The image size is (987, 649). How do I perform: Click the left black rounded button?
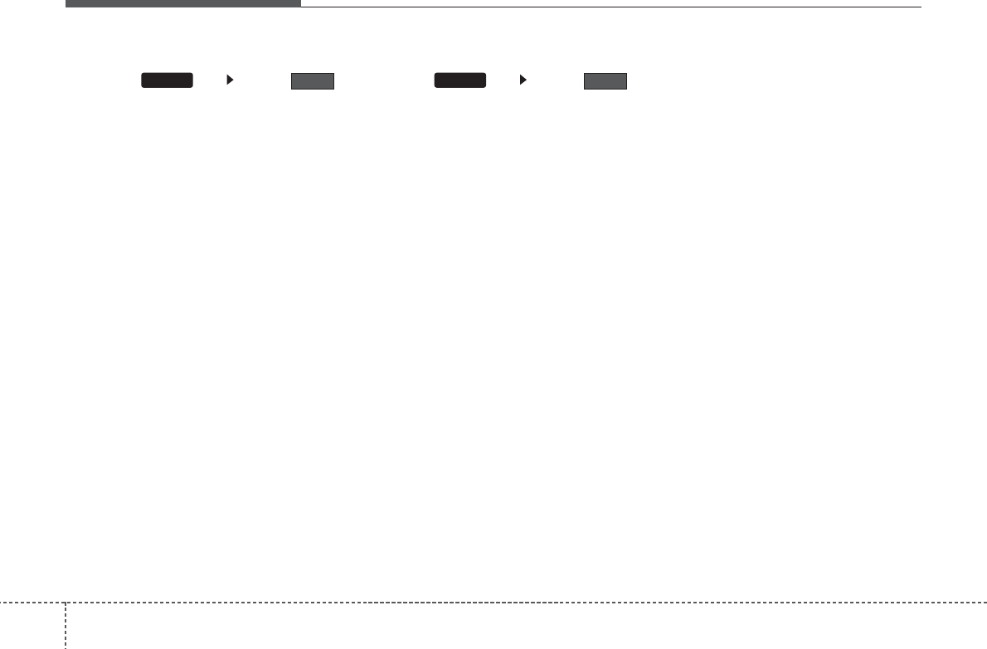pyautogui.click(x=167, y=80)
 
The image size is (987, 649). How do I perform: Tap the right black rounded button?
pyautogui.click(x=460, y=80)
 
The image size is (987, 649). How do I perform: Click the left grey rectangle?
pyautogui.click(x=312, y=80)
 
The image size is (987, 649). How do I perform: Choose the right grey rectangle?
pyautogui.click(x=605, y=80)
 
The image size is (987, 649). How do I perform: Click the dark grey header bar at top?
pyautogui.click(x=182, y=3)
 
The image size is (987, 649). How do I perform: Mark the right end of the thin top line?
pyautogui.click(x=921, y=7)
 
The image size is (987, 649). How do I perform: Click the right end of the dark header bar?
pyautogui.click(x=299, y=3)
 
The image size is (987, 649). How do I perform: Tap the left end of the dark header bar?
pyautogui.click(x=66, y=3)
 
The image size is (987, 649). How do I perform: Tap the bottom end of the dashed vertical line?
pyautogui.click(x=66, y=647)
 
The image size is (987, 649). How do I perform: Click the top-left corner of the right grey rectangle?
pyautogui.click(x=585, y=74)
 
